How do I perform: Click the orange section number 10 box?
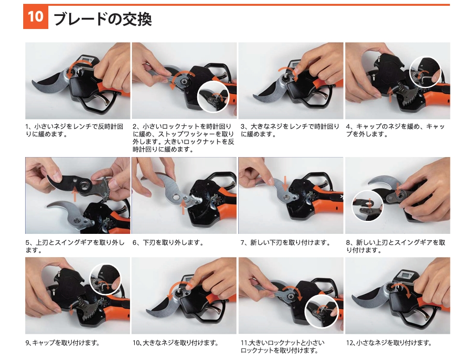click(36, 17)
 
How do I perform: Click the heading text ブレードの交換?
click(102, 18)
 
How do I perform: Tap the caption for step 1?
click(74, 130)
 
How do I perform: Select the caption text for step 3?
click(290, 130)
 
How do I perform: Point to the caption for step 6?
click(168, 243)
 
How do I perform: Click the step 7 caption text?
click(285, 243)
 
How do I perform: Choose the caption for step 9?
click(62, 343)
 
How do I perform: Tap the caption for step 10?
click(175, 343)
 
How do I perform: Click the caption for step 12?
click(389, 343)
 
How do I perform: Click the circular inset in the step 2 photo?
click(213, 97)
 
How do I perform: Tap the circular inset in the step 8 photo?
click(368, 205)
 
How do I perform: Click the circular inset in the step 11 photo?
click(321, 311)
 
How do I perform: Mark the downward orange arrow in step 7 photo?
click(285, 183)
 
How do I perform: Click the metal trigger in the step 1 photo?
click(103, 98)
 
